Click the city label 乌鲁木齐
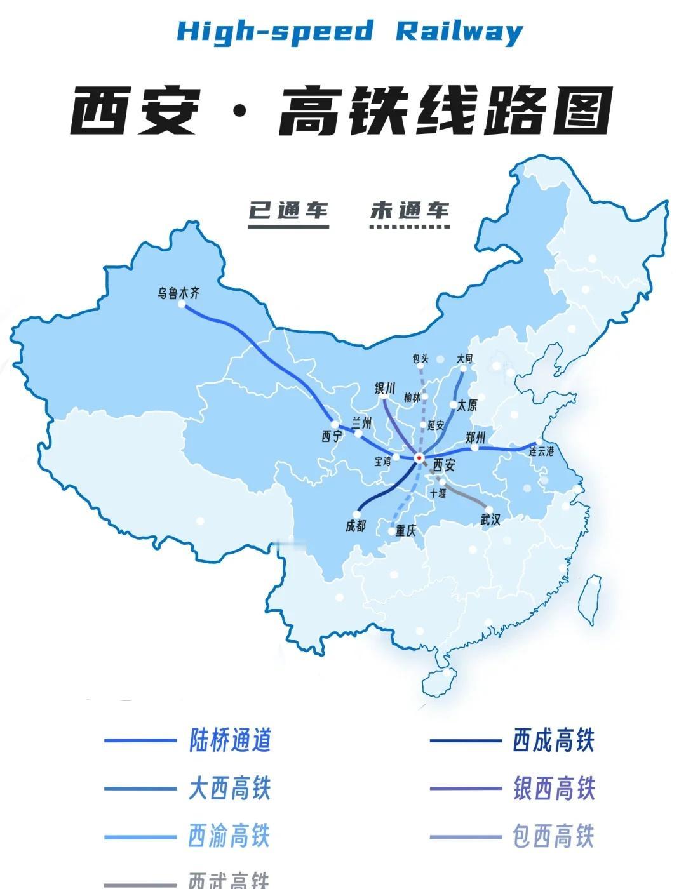pyautogui.click(x=178, y=293)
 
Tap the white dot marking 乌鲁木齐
pyautogui.click(x=182, y=304)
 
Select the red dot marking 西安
pyautogui.click(x=419, y=457)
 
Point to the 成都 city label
pyautogui.click(x=356, y=526)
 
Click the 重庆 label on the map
pyautogui.click(x=405, y=531)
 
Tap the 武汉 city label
pyautogui.click(x=491, y=519)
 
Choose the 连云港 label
pyautogui.click(x=541, y=451)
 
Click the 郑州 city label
pyautogui.click(x=475, y=437)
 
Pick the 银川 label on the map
pyautogui.click(x=386, y=388)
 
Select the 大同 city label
pyautogui.click(x=464, y=359)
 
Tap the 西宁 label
pyautogui.click(x=332, y=436)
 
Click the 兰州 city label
pyautogui.click(x=361, y=423)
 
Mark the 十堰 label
pyautogui.click(x=438, y=493)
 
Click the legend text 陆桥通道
pyautogui.click(x=230, y=740)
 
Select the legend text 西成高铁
pyautogui.click(x=553, y=740)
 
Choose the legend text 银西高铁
pyautogui.click(x=553, y=789)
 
